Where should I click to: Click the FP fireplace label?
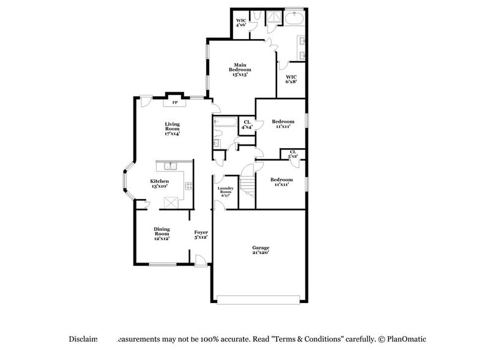click(174, 102)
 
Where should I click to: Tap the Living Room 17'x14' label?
click(172, 129)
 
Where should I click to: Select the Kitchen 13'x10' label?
click(160, 183)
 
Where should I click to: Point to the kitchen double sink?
click(169, 165)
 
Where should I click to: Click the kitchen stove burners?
click(189, 186)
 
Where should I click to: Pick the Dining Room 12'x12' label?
click(162, 233)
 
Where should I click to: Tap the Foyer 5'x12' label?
click(201, 234)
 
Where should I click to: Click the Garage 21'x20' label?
click(261, 250)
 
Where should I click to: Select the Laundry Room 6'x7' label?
click(226, 191)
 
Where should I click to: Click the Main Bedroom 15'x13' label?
click(240, 70)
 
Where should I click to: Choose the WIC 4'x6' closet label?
click(241, 23)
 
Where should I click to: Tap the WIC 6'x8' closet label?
click(291, 79)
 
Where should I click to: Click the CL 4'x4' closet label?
click(247, 125)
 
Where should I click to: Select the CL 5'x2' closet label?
click(292, 154)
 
